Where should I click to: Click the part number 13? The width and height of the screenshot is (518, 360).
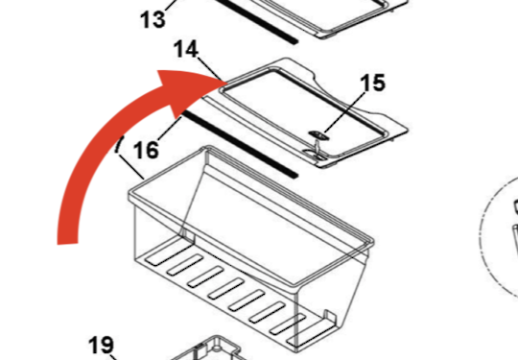tap(153, 19)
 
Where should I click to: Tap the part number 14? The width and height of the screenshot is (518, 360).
tap(186, 50)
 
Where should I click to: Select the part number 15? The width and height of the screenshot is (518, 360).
tap(372, 83)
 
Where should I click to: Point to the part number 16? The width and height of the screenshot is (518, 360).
tap(146, 150)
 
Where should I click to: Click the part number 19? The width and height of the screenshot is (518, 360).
tap(102, 346)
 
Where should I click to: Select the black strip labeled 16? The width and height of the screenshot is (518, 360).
tap(240, 144)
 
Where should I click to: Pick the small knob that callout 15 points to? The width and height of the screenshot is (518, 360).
tap(318, 134)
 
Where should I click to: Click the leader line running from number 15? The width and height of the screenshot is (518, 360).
tap(344, 112)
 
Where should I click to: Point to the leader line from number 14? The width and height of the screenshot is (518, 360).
tap(209, 69)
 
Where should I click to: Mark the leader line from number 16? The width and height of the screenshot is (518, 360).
tap(170, 128)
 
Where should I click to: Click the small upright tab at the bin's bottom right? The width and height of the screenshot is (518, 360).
tap(330, 318)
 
